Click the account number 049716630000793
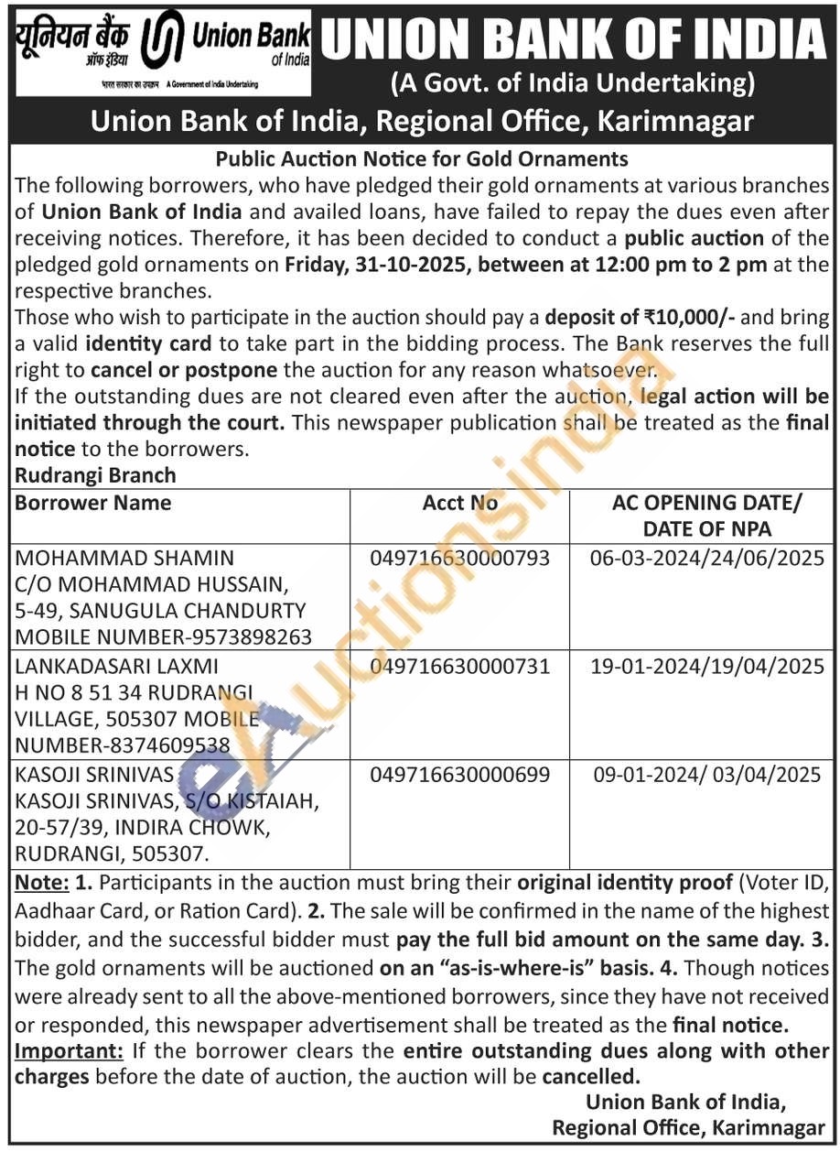coord(460,558)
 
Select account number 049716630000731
coord(460,666)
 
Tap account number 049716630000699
coord(460,775)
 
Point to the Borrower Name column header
coord(92,503)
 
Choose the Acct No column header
coord(460,503)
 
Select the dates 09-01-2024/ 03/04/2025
coord(707,775)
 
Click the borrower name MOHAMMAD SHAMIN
coord(112,558)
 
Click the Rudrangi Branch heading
coord(95,476)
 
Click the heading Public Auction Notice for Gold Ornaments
coord(422,159)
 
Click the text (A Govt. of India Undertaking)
coord(574,84)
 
